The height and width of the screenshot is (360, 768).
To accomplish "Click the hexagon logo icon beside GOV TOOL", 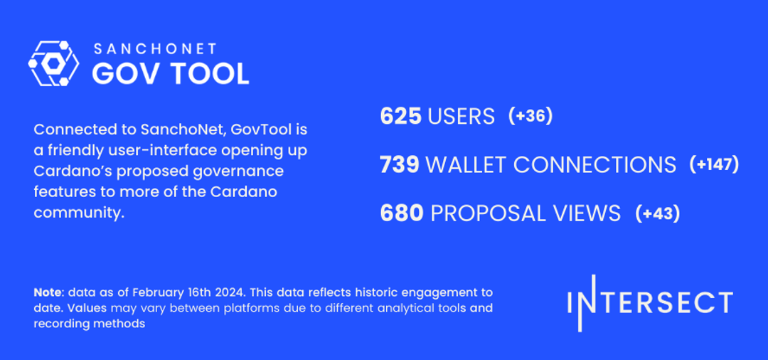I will point(53,63).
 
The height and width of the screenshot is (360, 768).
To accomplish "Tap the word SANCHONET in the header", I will point(155,49).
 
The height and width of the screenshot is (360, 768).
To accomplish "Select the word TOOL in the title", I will point(209,73).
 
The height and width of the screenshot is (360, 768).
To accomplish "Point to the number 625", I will point(401,116).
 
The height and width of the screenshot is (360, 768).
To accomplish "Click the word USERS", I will point(462,116).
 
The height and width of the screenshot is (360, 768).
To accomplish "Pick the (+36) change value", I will point(530,116).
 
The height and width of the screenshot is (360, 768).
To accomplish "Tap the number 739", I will point(400,165).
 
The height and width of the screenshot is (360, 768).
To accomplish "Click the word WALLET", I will point(466,165).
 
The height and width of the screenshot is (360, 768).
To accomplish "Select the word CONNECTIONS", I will point(594,165).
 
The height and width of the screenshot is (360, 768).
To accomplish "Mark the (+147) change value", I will point(715,165).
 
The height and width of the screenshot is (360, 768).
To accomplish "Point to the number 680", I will point(402,213).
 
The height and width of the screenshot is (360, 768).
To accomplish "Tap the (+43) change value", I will point(658,213).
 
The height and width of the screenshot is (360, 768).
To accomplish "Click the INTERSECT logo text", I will point(650,302).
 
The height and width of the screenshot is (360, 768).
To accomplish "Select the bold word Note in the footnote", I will point(47,292).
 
